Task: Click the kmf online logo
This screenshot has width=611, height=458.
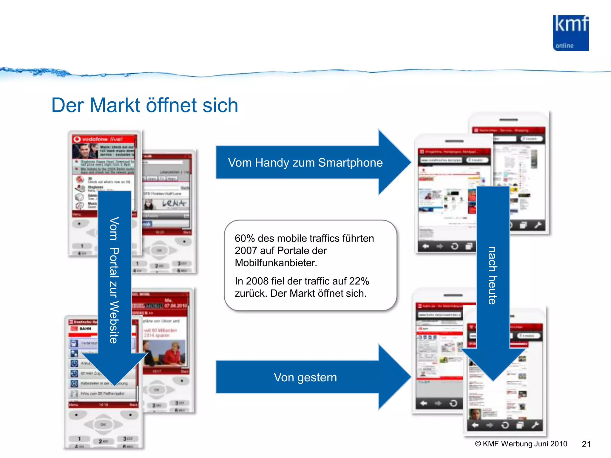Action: (x=570, y=33)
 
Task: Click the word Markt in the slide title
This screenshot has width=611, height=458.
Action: (x=115, y=105)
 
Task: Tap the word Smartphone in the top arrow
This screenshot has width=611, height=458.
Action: (x=350, y=163)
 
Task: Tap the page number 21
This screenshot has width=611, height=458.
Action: (x=586, y=444)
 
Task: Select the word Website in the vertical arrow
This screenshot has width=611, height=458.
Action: (x=114, y=322)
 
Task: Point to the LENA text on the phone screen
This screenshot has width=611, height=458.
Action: (x=174, y=203)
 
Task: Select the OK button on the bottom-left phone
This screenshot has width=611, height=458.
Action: (x=103, y=424)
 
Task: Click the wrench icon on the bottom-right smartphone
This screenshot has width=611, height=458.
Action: (x=535, y=425)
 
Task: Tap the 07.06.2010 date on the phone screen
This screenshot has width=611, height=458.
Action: (x=176, y=306)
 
